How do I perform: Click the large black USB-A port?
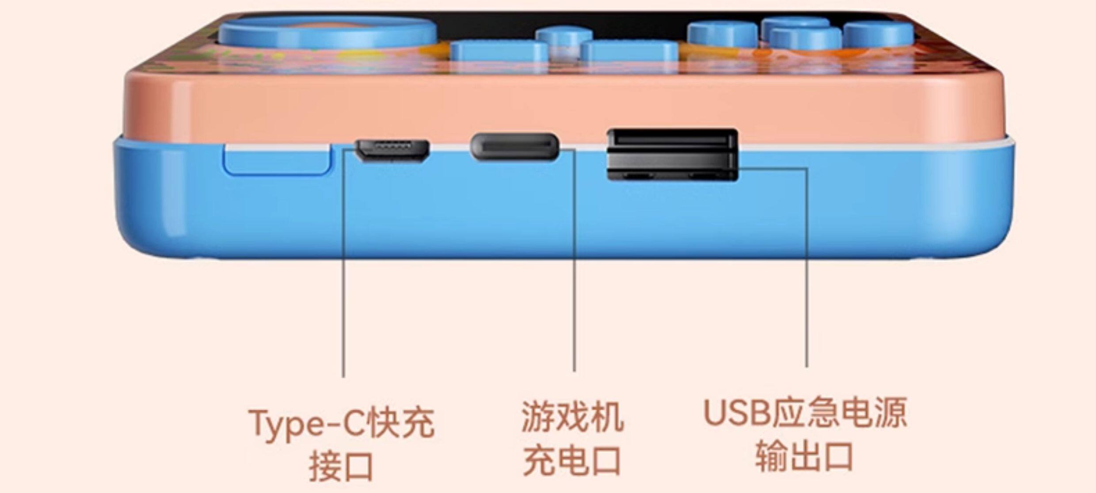[672, 154]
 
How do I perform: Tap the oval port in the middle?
[514, 147]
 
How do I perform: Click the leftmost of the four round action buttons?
[722, 34]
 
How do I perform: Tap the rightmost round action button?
[878, 34]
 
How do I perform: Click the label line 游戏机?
[573, 417]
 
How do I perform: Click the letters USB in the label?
[736, 413]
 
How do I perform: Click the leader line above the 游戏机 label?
[574, 265]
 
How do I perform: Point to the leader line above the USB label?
[807, 265]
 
